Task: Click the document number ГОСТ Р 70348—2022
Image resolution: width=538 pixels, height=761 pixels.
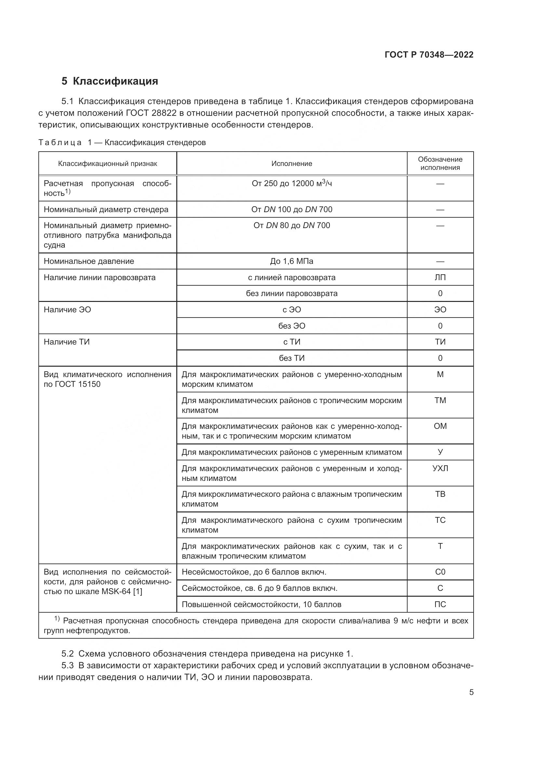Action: click(429, 55)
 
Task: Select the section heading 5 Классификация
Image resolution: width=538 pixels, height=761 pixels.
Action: click(110, 81)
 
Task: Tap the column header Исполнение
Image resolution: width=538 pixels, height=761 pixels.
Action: click(291, 163)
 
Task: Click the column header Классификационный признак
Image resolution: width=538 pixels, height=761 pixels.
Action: click(107, 163)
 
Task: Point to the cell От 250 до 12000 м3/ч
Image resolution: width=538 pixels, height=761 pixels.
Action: click(291, 183)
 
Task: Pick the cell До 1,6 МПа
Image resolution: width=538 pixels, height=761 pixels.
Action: click(291, 261)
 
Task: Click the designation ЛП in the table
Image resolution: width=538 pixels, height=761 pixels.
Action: click(440, 278)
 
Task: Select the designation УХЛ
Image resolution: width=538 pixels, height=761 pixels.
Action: click(440, 468)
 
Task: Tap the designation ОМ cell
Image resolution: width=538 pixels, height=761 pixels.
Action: click(440, 426)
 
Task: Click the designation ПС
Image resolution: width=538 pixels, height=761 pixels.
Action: click(440, 604)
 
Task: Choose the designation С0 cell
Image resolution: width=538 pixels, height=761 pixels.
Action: click(440, 572)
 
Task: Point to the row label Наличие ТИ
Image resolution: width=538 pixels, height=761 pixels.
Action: click(67, 342)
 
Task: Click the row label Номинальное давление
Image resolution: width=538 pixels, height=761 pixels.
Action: click(89, 261)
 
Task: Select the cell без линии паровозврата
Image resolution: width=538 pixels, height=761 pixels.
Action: click(291, 293)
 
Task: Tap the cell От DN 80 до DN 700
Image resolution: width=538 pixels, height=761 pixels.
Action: click(291, 225)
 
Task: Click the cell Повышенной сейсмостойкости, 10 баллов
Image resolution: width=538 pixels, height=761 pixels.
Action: click(262, 604)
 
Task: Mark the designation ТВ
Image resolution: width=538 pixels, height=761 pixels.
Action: click(440, 494)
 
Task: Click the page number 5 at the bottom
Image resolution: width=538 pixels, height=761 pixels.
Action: click(471, 692)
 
